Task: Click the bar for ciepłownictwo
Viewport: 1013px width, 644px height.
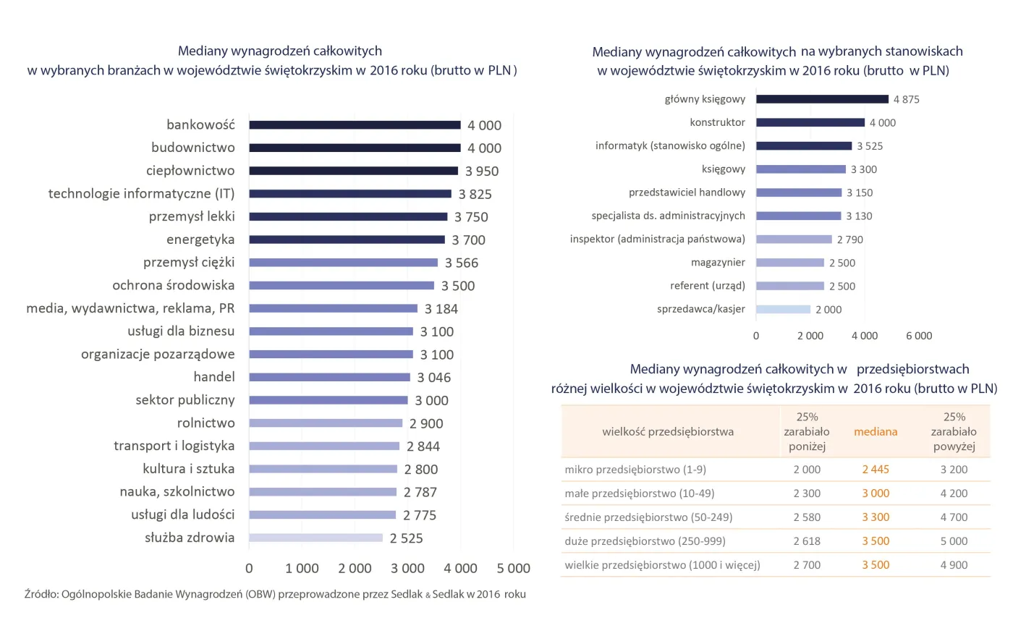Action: [x=353, y=171]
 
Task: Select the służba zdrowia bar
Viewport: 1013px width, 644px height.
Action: [x=315, y=538]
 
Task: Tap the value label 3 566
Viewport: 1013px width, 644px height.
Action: [x=462, y=263]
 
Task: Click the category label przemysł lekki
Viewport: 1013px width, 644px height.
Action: [x=192, y=216]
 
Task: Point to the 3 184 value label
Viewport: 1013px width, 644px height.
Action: [x=441, y=309]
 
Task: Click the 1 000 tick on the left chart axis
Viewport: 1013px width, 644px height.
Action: [x=302, y=569]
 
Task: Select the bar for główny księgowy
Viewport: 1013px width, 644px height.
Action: [x=822, y=99]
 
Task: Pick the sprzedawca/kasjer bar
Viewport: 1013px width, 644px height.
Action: [x=783, y=310]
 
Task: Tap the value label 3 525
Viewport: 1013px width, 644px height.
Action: [x=870, y=146]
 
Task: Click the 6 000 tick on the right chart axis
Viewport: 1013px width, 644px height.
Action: [x=919, y=336]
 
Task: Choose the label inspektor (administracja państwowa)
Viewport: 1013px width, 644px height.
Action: [x=658, y=239]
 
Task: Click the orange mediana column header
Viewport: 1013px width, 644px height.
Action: [x=876, y=432]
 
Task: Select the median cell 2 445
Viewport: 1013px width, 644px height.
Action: [x=876, y=470]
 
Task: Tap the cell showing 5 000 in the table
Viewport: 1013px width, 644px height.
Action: [x=954, y=541]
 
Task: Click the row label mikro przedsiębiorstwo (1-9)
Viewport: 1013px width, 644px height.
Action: [x=635, y=470]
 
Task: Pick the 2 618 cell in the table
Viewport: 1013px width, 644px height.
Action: [x=807, y=541]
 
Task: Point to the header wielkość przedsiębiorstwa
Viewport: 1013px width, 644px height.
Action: [x=668, y=432]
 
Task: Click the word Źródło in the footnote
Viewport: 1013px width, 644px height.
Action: [x=42, y=594]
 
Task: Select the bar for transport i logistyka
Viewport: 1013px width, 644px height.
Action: [x=324, y=446]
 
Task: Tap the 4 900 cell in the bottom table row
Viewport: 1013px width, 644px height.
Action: [x=954, y=565]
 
